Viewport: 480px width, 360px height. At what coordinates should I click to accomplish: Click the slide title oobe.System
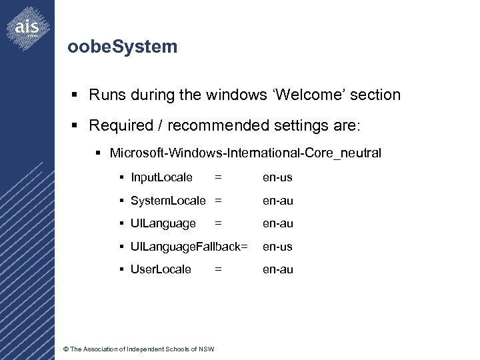[123, 47]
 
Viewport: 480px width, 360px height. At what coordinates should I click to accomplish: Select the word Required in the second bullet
[118, 125]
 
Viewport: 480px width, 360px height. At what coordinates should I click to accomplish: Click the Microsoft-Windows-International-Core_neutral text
[245, 153]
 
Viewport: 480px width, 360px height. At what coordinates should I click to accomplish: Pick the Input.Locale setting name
[162, 177]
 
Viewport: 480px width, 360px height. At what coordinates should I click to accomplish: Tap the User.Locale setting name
[161, 269]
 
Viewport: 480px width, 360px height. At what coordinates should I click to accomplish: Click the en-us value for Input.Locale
[277, 177]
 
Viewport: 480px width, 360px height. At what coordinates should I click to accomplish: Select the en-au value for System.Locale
[277, 201]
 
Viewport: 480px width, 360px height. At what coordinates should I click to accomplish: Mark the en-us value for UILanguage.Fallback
[277, 247]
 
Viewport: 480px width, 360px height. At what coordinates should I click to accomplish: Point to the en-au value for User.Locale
[277, 269]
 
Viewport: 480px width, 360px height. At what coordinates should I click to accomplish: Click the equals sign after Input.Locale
[218, 177]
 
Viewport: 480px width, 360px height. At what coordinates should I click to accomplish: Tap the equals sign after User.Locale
[218, 269]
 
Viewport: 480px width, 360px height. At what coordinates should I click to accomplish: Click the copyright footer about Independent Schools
[138, 349]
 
